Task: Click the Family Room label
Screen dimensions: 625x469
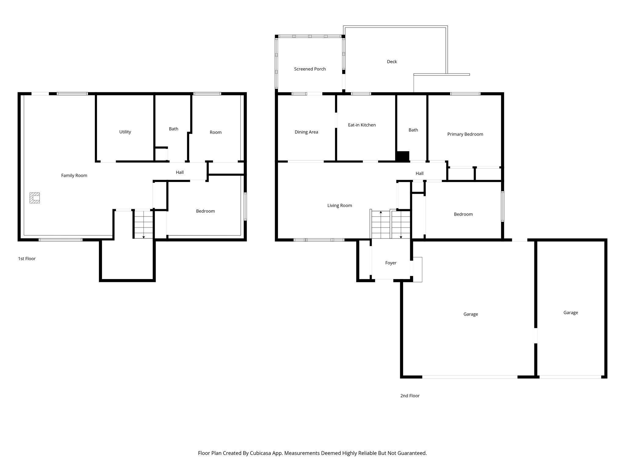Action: (74, 175)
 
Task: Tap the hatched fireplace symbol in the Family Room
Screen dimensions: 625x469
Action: (34, 198)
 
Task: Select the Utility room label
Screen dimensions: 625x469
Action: (125, 132)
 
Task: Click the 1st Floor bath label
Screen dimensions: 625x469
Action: (174, 129)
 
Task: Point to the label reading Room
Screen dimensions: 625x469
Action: (215, 132)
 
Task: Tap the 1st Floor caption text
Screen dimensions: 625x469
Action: (27, 259)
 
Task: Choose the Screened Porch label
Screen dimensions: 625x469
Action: (310, 69)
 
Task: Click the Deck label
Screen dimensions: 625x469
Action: (392, 62)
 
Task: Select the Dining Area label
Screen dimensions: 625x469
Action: (306, 132)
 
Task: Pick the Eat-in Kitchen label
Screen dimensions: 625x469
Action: (362, 125)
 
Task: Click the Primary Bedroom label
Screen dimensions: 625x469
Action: (465, 134)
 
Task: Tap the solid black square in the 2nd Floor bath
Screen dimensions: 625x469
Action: (403, 156)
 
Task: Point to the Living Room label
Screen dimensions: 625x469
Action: (340, 205)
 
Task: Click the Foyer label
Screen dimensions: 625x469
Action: (391, 263)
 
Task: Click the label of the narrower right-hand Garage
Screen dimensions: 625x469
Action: (571, 313)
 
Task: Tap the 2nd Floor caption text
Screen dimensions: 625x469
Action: (410, 396)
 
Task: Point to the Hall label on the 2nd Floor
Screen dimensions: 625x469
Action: (420, 173)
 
